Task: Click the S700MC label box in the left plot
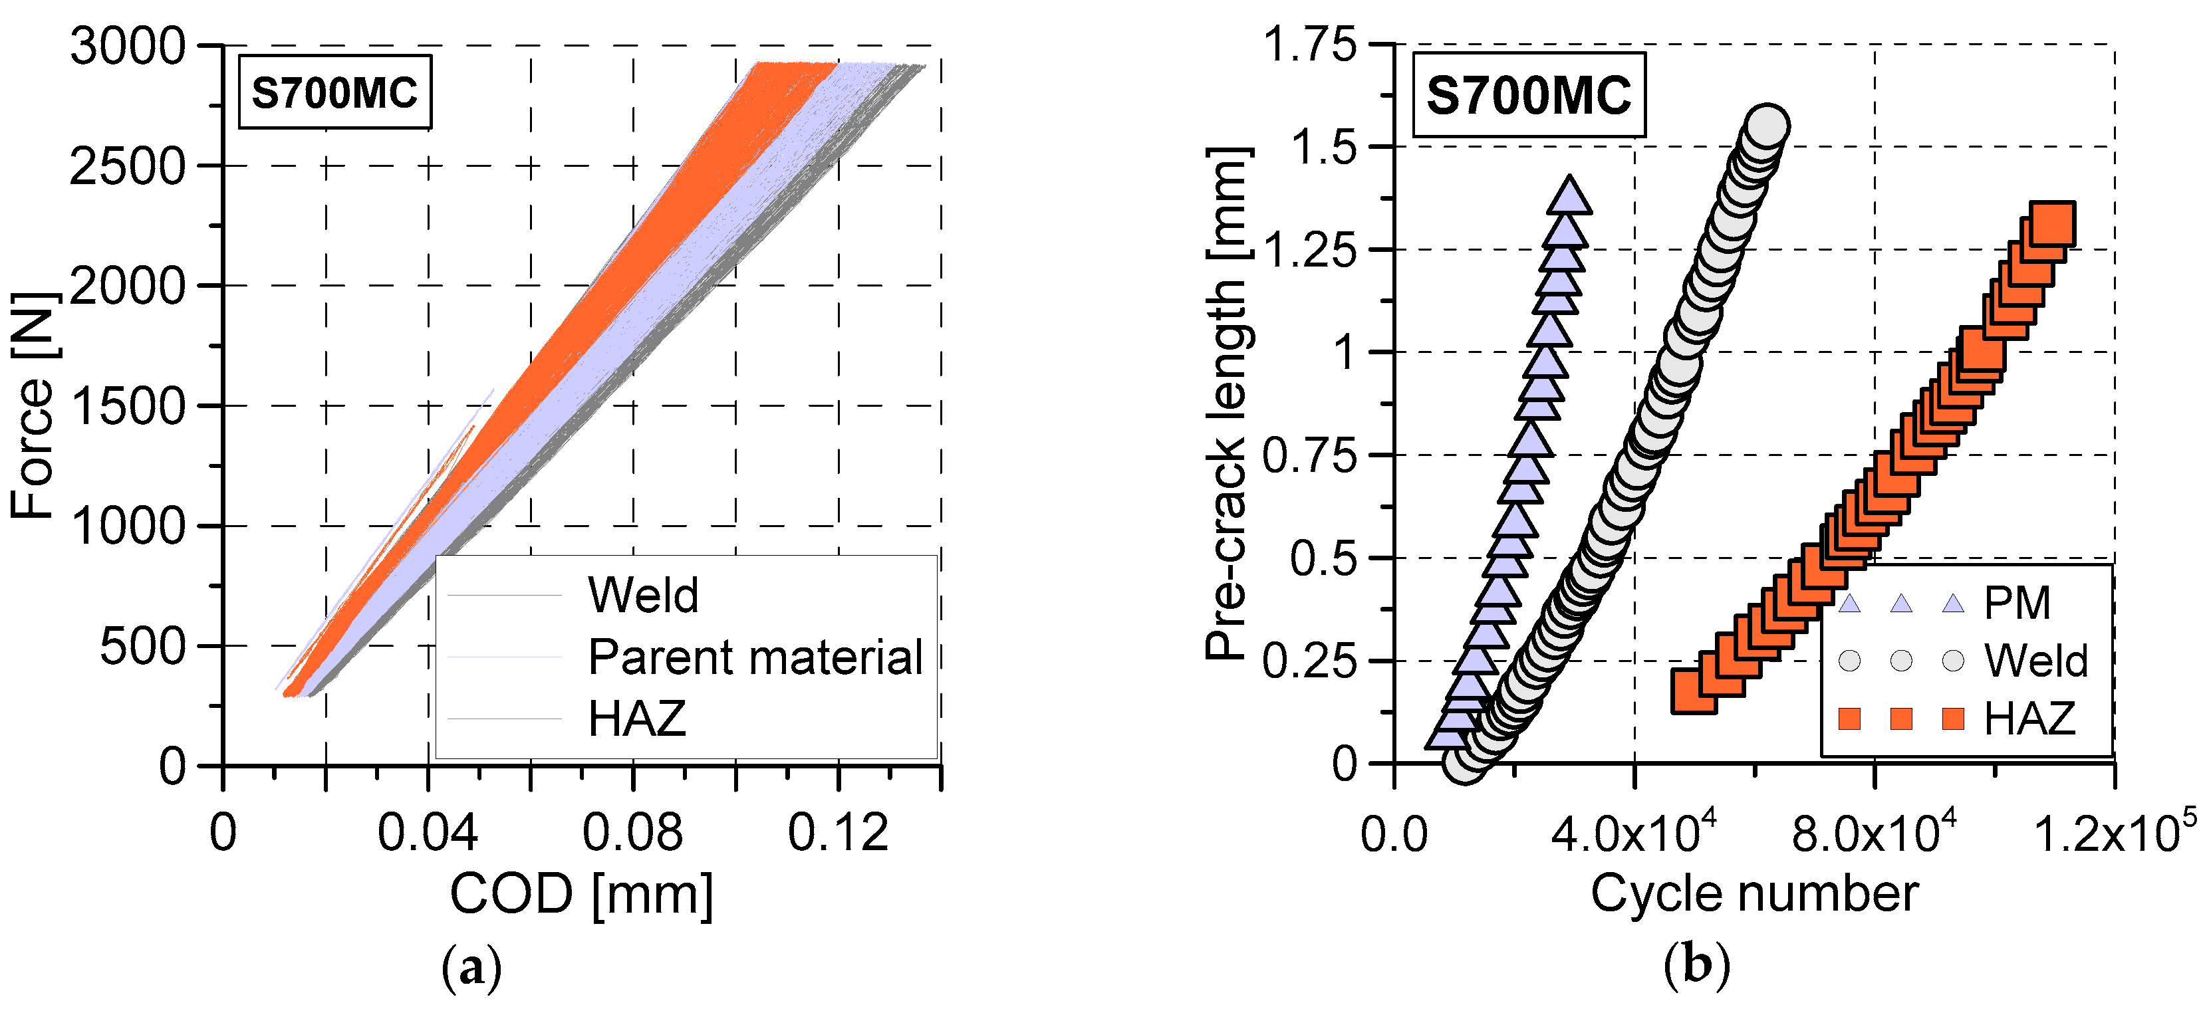coord(334,92)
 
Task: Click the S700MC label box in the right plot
coord(1529,95)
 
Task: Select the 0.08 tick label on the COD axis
coord(633,832)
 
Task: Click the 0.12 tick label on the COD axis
coord(838,832)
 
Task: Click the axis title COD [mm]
coord(581,895)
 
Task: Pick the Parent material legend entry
coord(755,657)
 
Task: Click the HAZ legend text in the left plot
coord(637,719)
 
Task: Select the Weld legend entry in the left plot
coord(643,595)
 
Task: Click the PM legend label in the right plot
coord(2017,604)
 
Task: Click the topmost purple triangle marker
coord(1569,195)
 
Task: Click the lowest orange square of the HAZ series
coord(1694,691)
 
